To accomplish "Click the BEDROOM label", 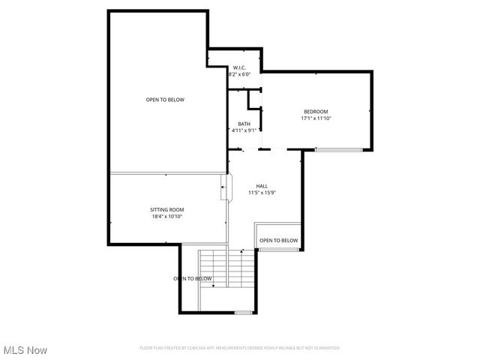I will pos(315,112).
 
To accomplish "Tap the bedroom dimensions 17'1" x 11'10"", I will pos(316,118).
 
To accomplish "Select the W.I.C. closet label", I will pos(239,67).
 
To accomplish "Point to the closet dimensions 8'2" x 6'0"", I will pos(239,74).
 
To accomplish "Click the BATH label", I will pos(244,124).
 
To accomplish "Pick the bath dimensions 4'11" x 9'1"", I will pos(244,130).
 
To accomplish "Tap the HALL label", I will pos(262,186).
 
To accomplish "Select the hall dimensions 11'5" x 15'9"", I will pos(262,193).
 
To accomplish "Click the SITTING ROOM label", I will pos(166,209).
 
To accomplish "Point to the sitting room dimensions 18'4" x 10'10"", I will pos(166,216).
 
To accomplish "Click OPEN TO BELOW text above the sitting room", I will pos(165,100).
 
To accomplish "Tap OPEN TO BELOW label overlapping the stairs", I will pos(193,278).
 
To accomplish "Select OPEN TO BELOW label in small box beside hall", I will pos(278,241).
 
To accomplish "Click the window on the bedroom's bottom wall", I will pos(338,150).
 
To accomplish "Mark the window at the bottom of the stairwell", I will pos(243,311).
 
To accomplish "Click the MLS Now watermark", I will pos(25,350).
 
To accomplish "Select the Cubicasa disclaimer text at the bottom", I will pos(240,348).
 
